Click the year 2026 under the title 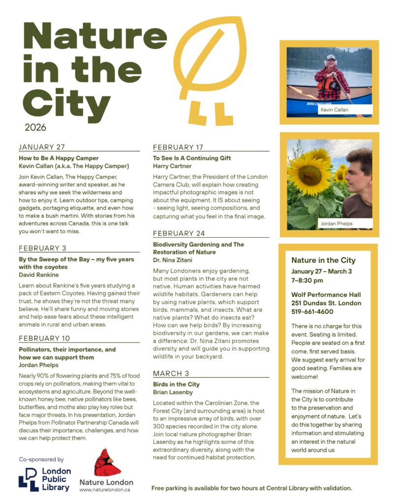35,127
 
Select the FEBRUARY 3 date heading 42,248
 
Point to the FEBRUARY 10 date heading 44,338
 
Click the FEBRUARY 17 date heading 178,147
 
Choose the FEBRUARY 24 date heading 179,233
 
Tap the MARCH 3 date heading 171,373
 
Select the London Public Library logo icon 29,479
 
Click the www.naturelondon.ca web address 104,490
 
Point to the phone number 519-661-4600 312,311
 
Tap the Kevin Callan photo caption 334,110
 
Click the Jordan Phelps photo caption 337,224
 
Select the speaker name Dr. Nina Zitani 172,260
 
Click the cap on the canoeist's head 331,57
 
